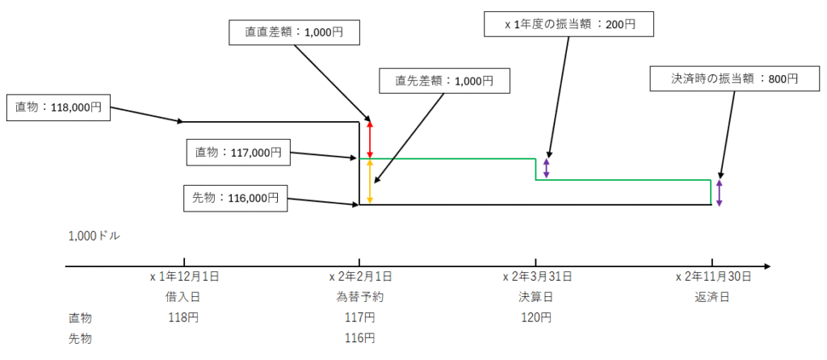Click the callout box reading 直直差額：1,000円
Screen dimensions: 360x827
point(294,32)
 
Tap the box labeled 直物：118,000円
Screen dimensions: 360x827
point(58,107)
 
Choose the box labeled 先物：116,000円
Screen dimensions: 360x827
point(237,198)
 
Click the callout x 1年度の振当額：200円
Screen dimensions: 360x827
point(569,24)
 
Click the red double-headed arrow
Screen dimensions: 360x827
point(370,139)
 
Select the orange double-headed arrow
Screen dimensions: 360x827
point(370,182)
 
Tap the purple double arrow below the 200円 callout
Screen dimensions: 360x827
point(547,169)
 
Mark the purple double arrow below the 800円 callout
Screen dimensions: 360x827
point(719,193)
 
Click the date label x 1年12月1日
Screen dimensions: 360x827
point(184,277)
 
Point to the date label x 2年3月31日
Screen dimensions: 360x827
point(537,277)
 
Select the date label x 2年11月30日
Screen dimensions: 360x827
point(713,277)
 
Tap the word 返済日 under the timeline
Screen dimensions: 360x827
point(712,296)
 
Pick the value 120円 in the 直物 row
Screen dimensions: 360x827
point(536,317)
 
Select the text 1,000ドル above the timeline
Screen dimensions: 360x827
point(94,236)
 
